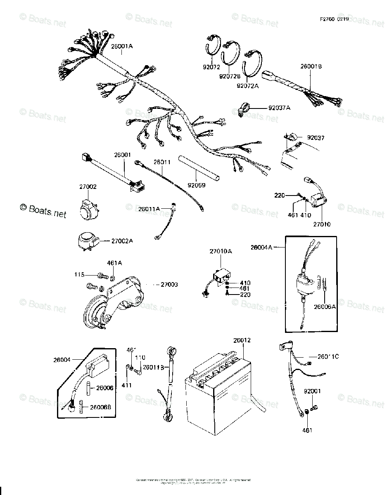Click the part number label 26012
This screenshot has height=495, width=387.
242,340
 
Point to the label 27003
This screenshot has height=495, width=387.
169,285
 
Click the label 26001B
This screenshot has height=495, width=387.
311,66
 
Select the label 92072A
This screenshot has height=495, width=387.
247,86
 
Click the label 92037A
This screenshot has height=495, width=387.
280,108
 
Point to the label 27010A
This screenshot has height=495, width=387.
221,251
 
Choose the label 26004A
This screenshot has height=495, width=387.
261,247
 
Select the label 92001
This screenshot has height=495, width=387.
312,391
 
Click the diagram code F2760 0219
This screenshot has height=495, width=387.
334,19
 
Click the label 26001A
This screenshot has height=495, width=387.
121,46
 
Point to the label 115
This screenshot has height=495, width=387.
79,274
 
